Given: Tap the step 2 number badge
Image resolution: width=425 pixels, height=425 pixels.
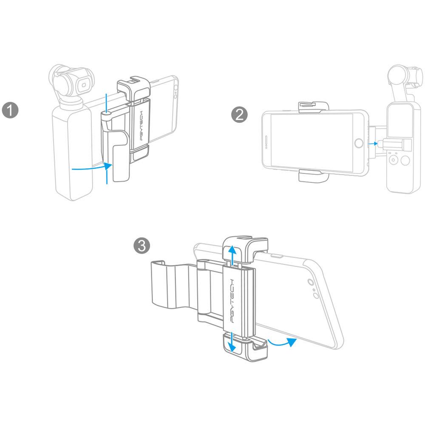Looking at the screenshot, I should coord(239,115).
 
